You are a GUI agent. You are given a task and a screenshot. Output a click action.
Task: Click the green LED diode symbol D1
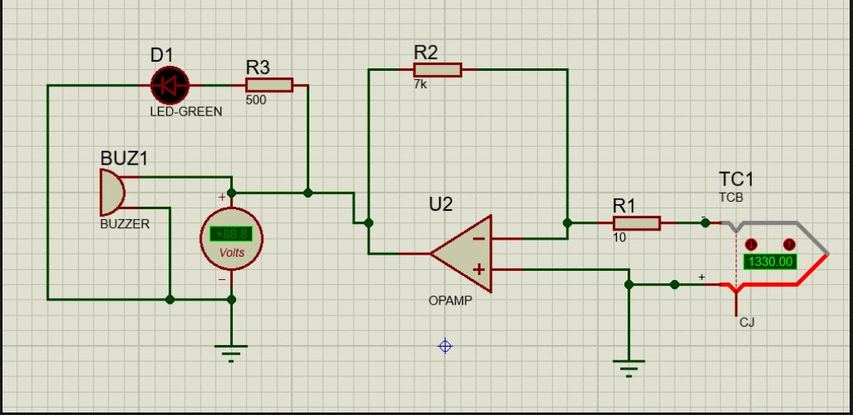[x=169, y=86]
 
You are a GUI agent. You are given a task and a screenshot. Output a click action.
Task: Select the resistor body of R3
[x=269, y=86]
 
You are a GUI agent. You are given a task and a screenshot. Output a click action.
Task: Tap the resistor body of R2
[x=438, y=70]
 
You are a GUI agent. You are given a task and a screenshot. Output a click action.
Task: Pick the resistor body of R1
[x=637, y=223]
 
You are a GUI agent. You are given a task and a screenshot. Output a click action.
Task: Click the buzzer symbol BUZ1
[x=112, y=192]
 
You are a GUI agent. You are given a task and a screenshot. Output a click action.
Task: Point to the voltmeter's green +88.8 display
[x=231, y=234]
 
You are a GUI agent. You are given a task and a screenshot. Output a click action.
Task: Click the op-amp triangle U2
[x=461, y=254]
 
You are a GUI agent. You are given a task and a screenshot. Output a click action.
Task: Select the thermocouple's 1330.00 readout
[x=770, y=261]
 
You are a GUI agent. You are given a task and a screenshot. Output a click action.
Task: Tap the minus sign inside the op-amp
[x=478, y=238]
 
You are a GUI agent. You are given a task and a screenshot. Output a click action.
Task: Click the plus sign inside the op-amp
[x=479, y=269]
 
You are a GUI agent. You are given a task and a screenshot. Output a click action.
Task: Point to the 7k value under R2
[x=420, y=84]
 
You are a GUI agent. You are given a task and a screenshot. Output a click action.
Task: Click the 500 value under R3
[x=256, y=100]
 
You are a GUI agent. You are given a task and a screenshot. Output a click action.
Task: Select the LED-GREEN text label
[x=186, y=112]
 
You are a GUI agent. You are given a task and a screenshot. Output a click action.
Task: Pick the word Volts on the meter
[x=232, y=253]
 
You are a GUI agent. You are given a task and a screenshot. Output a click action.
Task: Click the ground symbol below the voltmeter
[x=231, y=353]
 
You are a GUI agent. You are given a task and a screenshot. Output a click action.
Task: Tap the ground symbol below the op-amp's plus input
[x=629, y=368]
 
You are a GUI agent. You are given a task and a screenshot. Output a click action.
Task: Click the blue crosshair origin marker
[x=445, y=346]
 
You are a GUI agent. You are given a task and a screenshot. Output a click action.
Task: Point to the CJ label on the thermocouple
[x=747, y=323]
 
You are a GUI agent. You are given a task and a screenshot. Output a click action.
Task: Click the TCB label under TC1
[x=731, y=198]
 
